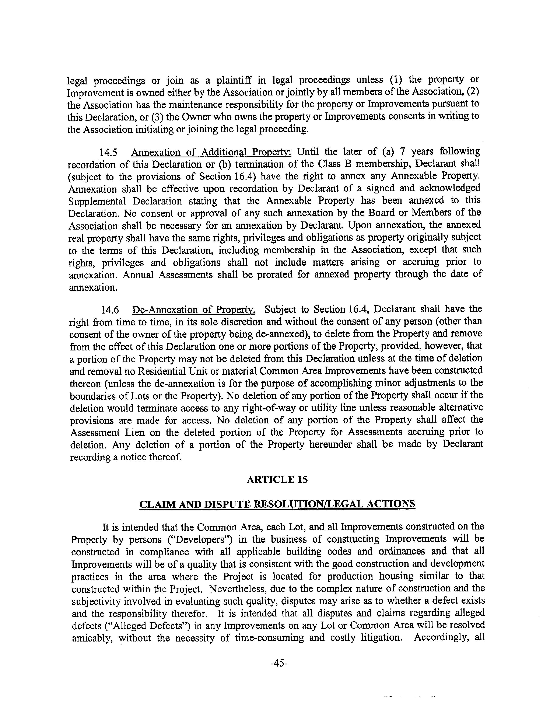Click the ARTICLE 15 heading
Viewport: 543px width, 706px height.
pos(277,479)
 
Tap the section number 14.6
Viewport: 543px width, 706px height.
pos(110,310)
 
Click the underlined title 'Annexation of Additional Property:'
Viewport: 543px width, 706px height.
pos(212,152)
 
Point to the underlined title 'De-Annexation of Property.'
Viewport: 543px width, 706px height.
pos(194,310)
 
